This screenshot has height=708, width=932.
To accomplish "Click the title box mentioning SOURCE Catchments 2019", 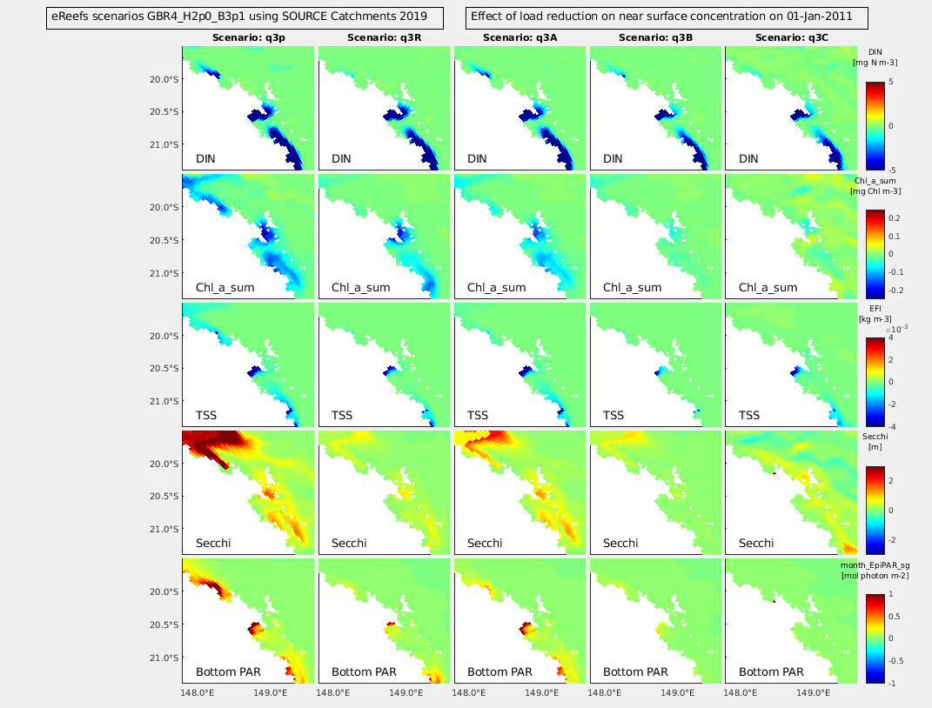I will [x=244, y=17].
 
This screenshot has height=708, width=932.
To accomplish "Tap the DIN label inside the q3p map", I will [x=206, y=159].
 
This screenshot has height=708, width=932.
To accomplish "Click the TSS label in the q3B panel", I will [x=614, y=416].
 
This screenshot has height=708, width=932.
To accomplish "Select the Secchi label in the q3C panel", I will [x=756, y=544].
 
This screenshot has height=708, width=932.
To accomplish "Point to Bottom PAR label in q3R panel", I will [x=361, y=671].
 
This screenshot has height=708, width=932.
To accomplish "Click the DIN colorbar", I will [x=875, y=126].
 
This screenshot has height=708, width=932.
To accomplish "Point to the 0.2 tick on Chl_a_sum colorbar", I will [x=897, y=217].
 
